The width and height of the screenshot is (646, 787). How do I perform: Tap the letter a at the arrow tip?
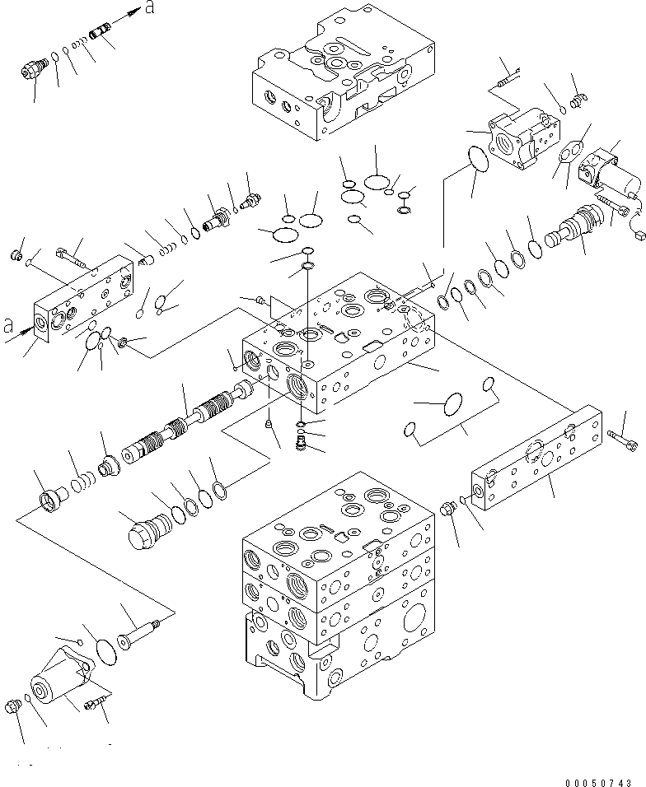(148, 7)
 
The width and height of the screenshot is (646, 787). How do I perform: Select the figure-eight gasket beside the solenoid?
(567, 154)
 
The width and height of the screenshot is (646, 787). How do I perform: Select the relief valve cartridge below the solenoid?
(565, 234)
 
